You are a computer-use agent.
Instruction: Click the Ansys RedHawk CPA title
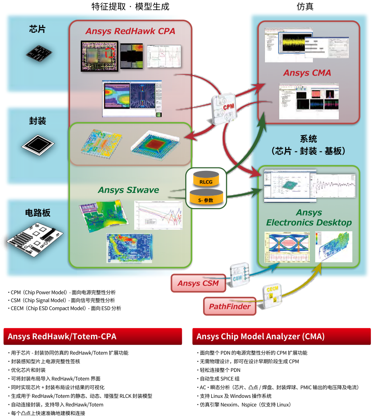coord(130,31)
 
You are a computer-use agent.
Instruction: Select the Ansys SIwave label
coord(128,190)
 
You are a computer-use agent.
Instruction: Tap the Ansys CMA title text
coord(307,73)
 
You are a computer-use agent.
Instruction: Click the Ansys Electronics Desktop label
coord(309,218)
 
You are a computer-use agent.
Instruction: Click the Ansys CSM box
coord(198,283)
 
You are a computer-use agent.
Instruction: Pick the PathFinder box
coord(230,306)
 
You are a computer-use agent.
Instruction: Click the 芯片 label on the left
coord(38,29)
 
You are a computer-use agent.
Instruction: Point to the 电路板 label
coord(38,213)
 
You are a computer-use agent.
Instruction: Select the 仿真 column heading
coord(305,7)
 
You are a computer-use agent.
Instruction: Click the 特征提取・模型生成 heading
coord(130,7)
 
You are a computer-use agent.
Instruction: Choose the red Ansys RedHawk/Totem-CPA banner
coord(93,336)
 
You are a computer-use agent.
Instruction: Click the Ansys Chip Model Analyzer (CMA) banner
coord(281,336)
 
